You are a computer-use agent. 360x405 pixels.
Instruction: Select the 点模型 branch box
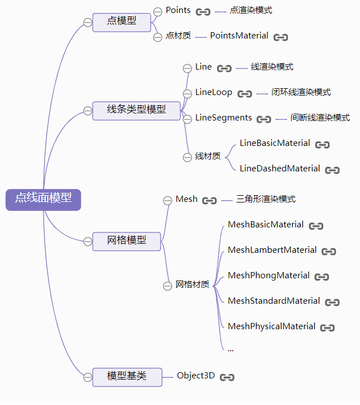pos(122,22)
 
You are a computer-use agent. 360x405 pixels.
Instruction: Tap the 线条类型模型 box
pos(136,110)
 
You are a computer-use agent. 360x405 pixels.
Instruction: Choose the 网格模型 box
pos(127,241)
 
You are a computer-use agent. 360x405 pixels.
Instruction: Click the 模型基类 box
pos(127,377)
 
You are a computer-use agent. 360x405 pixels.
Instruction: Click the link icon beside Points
pos(203,12)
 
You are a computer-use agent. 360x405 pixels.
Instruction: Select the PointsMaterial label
pos(239,36)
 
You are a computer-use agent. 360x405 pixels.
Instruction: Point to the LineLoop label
pos(214,92)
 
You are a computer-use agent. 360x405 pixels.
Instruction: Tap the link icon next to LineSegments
pos(264,119)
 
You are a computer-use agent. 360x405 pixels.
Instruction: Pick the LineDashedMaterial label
pos(280,169)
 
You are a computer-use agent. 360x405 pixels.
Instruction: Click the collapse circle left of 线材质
pos(187,157)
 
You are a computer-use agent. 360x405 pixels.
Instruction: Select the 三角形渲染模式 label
pos(266,199)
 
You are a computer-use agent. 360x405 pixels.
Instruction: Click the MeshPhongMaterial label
pos(268,275)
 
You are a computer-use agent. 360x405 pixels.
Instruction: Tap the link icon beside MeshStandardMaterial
pos(332,303)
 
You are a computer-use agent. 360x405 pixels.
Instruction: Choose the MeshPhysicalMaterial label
pos(271,326)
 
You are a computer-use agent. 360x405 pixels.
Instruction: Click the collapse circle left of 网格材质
pos(167,286)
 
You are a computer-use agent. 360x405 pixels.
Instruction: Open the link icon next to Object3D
pos(227,377)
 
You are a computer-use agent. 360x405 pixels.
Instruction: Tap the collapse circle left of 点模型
pos(88,23)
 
